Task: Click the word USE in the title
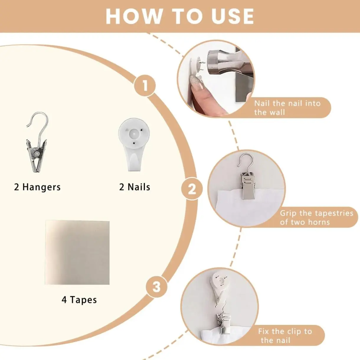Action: click(233, 16)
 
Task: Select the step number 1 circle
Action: click(145, 86)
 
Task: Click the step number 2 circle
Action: click(192, 189)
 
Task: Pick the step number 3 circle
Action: click(156, 287)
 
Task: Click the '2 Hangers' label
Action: click(37, 187)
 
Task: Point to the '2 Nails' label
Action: click(135, 187)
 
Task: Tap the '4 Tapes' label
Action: click(79, 300)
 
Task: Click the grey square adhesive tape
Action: click(77, 253)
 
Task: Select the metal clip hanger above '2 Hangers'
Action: click(37, 142)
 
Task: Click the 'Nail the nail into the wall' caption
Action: click(287, 108)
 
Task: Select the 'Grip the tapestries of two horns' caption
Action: click(316, 218)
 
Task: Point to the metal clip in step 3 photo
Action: click(223, 320)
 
